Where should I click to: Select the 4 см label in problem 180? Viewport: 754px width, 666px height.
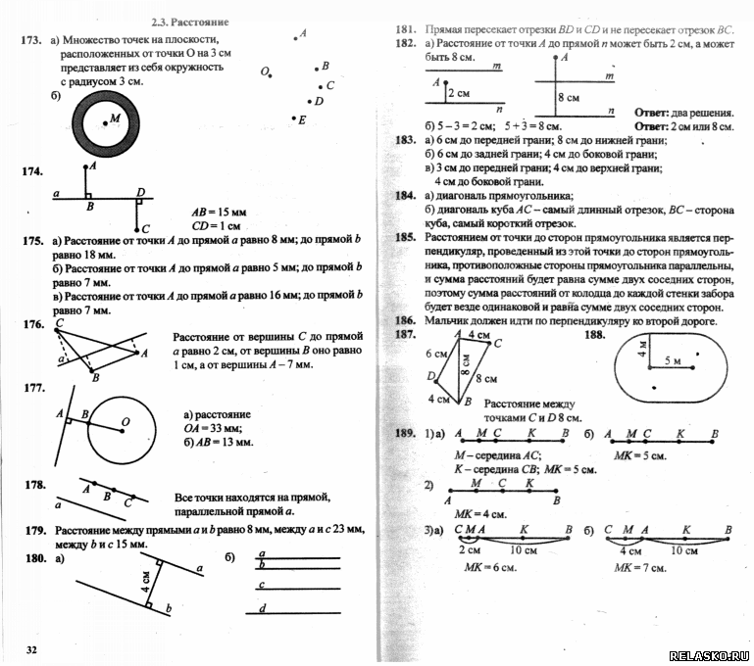(145, 582)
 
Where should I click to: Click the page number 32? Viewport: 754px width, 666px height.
(31, 650)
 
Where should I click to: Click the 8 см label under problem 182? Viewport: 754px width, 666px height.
(568, 98)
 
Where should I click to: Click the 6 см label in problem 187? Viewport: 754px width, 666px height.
(435, 353)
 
